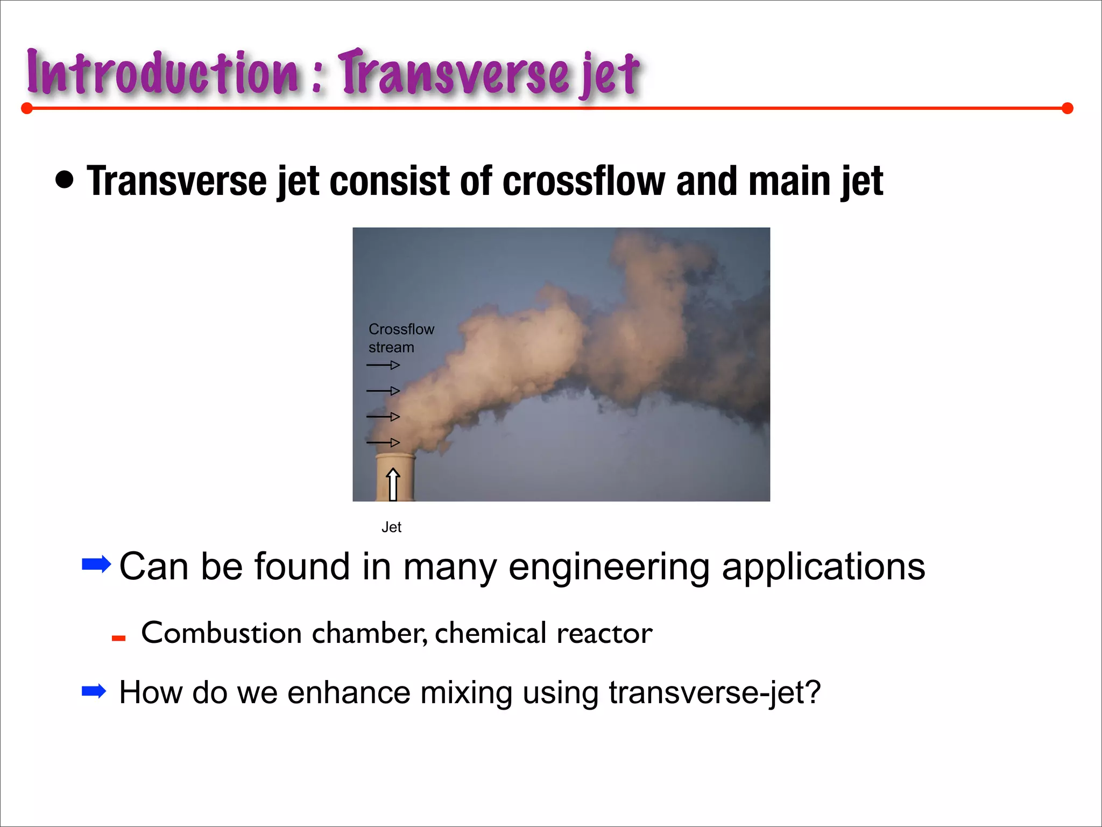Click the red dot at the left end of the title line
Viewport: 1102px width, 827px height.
(27, 109)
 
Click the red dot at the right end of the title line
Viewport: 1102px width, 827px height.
(1068, 109)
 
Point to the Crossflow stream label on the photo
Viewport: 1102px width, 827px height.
(401, 338)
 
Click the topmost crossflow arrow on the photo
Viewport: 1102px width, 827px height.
(383, 365)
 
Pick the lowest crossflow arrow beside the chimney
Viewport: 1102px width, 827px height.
(383, 443)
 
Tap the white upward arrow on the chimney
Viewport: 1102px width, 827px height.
(393, 483)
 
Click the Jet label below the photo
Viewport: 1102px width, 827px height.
(391, 528)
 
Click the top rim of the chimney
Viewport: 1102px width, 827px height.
(395, 456)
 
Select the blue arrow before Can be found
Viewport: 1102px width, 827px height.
(96, 564)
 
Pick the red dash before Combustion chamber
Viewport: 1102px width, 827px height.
(118, 639)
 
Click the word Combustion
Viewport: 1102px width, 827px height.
(221, 633)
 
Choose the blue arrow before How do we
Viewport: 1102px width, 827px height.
(94, 691)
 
